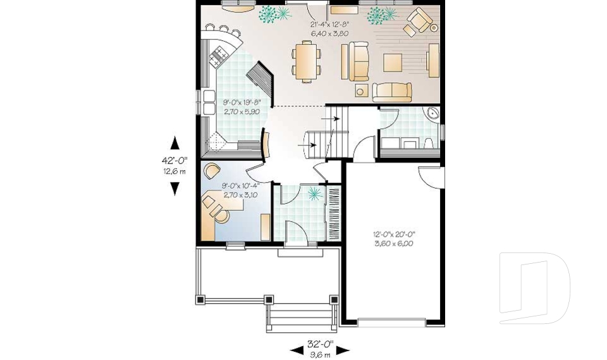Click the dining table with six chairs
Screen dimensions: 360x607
306,61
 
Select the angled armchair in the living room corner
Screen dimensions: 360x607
419,21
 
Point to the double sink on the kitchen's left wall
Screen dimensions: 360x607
209,102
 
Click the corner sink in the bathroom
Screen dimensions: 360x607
433,114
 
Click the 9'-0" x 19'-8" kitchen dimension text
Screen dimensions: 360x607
242,106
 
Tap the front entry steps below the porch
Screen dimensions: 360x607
301,316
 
